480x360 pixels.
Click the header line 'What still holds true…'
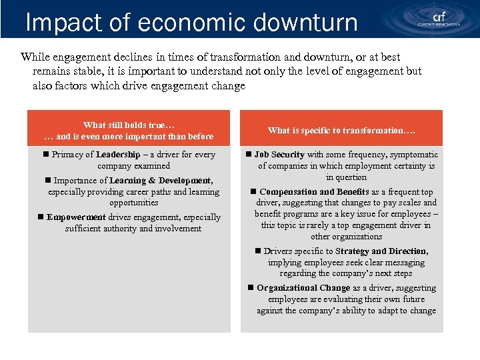pos(129,125)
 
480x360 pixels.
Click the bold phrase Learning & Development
pos(161,181)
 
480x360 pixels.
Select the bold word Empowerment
pos(77,217)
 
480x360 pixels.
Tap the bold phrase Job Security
pos(279,155)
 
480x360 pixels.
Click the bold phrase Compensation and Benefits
pos(315,192)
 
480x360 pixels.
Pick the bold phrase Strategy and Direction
pos(381,251)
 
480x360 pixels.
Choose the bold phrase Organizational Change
pos(303,288)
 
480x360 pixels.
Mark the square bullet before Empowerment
pos(41,217)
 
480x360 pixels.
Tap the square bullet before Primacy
pos(46,155)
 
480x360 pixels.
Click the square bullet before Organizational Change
pos(251,288)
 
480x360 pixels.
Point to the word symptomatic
pos(414,155)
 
